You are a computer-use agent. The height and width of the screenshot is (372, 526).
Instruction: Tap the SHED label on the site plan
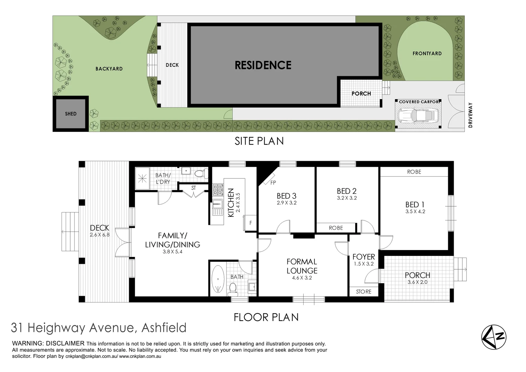tap(71, 114)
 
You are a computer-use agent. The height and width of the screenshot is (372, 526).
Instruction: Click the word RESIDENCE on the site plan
tap(263, 65)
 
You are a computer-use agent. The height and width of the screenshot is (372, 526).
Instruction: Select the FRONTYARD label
tap(427, 53)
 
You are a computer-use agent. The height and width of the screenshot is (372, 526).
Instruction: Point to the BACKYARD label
tap(109, 69)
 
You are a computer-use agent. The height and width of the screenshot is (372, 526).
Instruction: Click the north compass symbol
tap(494, 337)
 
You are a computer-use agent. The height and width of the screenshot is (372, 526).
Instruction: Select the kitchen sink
tap(217, 207)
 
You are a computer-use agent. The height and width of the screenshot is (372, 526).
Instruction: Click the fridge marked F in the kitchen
tap(250, 223)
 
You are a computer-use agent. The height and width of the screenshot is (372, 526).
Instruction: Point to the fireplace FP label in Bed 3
tap(273, 183)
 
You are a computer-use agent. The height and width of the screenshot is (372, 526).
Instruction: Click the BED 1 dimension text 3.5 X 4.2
tap(415, 211)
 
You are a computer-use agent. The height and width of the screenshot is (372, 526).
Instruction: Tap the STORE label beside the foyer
tap(364, 292)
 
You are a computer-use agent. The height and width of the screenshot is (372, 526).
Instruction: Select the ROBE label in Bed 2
tap(336, 228)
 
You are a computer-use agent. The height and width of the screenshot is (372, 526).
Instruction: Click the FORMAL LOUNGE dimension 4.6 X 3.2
tap(302, 278)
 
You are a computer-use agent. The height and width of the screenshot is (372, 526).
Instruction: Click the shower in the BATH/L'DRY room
tap(142, 178)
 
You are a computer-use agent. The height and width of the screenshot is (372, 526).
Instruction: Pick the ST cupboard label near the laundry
tap(193, 188)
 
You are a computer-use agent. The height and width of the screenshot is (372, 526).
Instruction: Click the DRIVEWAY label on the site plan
tap(471, 115)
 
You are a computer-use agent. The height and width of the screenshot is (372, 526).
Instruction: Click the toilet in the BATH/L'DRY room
tap(200, 173)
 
